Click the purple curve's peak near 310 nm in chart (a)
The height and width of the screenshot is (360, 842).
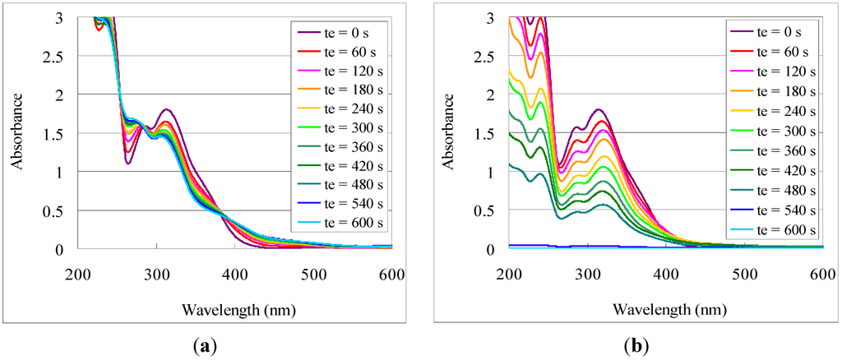(x=167, y=109)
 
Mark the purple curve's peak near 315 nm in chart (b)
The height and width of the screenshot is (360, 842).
(x=599, y=109)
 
